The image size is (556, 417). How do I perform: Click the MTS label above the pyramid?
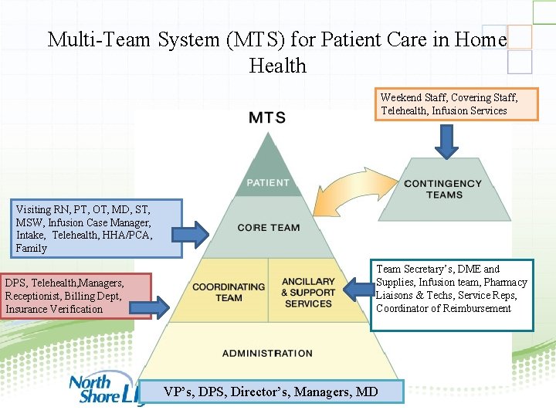pos(267,118)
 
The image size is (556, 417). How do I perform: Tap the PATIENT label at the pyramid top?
pos(267,183)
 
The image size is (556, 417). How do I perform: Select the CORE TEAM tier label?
pos(268,228)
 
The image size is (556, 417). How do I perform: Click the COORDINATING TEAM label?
pos(228,292)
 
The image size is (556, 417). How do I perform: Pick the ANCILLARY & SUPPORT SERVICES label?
pos(308,292)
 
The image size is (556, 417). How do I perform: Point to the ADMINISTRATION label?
pos(267,354)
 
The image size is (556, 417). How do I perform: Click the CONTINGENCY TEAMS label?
pos(442,188)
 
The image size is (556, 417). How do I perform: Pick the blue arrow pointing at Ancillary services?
pos(358,290)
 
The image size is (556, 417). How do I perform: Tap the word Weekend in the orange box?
pos(401,97)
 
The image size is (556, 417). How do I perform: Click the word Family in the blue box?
pos(31,249)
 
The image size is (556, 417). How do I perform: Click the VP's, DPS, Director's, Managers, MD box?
pos(271,392)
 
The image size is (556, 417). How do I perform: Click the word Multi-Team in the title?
pos(100,39)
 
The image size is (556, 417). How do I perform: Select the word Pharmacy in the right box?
pos(506,283)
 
